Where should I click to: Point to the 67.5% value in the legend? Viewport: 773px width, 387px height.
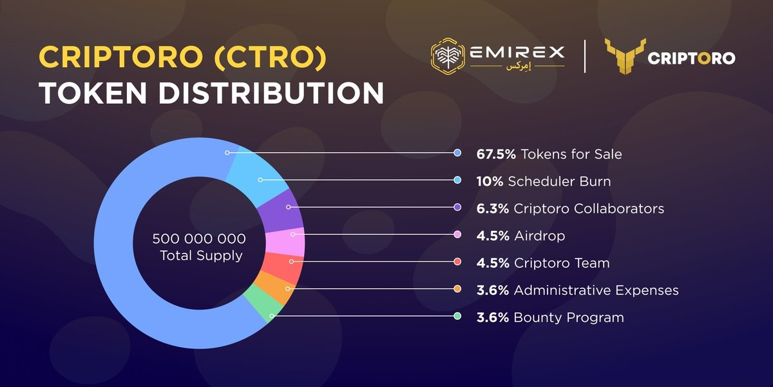click(496, 154)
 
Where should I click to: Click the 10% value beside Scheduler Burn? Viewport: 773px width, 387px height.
click(490, 181)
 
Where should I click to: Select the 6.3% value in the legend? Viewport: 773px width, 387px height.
click(493, 208)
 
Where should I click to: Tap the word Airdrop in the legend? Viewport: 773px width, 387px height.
click(539, 235)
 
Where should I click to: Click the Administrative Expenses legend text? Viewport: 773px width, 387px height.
click(596, 290)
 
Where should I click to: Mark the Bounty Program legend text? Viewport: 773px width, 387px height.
click(568, 317)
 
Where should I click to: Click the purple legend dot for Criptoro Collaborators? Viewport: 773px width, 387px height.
click(457, 208)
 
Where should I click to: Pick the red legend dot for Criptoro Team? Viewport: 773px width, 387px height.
click(457, 262)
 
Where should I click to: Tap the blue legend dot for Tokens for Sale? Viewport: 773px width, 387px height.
click(457, 154)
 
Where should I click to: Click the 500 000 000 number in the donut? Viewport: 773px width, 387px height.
click(199, 239)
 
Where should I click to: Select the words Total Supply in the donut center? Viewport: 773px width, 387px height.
click(201, 255)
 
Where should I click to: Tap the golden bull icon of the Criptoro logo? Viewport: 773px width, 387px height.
click(622, 56)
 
